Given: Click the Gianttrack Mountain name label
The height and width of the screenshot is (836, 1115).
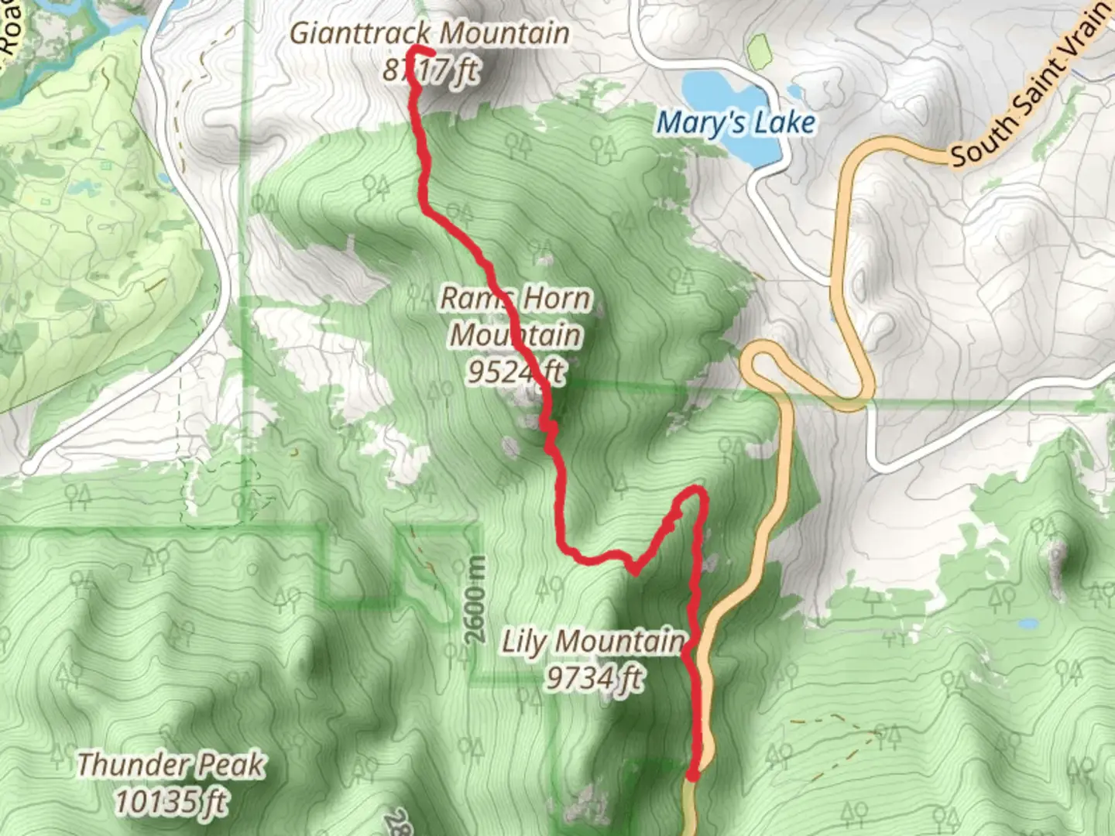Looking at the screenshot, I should (430, 34).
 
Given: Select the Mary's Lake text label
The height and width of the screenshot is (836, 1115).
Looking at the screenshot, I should (736, 122).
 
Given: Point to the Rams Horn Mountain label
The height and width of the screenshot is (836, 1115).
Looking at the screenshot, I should (516, 317).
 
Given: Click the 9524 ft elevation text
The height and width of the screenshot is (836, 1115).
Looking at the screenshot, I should (516, 372).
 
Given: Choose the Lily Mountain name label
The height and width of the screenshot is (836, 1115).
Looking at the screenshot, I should (593, 642).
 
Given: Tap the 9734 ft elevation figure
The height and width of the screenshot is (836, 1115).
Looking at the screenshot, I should (594, 678).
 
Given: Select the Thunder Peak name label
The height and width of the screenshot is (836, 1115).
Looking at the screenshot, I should (171, 765).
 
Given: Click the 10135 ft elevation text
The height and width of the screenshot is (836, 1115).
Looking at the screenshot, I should (171, 801).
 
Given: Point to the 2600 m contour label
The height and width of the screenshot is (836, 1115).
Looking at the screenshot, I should (476, 600).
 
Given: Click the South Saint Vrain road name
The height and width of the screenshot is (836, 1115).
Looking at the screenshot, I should (1030, 85).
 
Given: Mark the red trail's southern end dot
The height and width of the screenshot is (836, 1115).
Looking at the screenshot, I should (693, 775).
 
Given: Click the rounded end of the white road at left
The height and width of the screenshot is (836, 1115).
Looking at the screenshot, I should (29, 468).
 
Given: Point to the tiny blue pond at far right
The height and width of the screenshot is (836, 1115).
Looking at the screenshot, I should (1028, 623).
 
